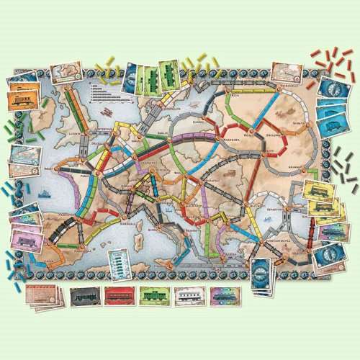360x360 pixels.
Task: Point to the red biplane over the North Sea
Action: (105, 113)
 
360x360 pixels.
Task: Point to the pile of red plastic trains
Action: (329, 59)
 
